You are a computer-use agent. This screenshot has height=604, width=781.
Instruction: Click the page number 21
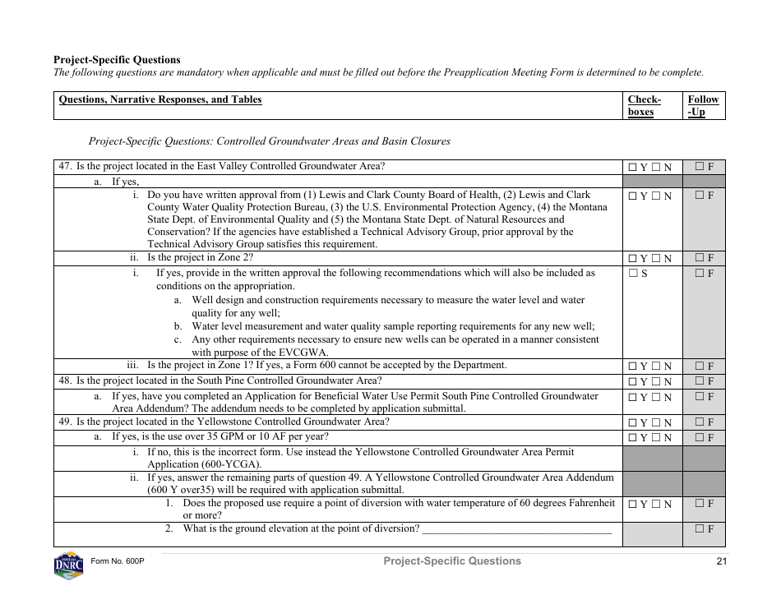(721, 561)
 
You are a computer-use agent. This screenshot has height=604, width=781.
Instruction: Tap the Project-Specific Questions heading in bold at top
(117, 60)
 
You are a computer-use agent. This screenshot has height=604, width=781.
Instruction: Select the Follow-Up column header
(703, 105)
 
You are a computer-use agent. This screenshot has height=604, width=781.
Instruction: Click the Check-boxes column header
(644, 105)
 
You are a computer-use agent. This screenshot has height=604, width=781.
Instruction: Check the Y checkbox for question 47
(632, 167)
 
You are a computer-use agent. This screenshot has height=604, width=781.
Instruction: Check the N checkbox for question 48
(657, 381)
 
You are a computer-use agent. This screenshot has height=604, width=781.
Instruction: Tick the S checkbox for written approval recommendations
(632, 274)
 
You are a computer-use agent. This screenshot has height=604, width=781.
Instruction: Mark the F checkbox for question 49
(700, 422)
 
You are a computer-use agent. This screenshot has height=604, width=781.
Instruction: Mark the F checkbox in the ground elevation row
(700, 529)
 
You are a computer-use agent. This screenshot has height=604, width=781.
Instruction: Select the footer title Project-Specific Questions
(451, 560)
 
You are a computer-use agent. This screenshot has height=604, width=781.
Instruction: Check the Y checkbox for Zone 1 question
(632, 367)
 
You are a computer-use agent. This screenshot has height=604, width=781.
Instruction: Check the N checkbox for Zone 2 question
(657, 258)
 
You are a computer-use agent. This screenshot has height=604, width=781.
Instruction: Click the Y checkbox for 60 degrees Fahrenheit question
(632, 505)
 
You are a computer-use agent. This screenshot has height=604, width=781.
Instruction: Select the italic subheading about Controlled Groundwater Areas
(269, 141)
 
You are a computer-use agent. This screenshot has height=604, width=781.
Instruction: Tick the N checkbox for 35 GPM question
(657, 438)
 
